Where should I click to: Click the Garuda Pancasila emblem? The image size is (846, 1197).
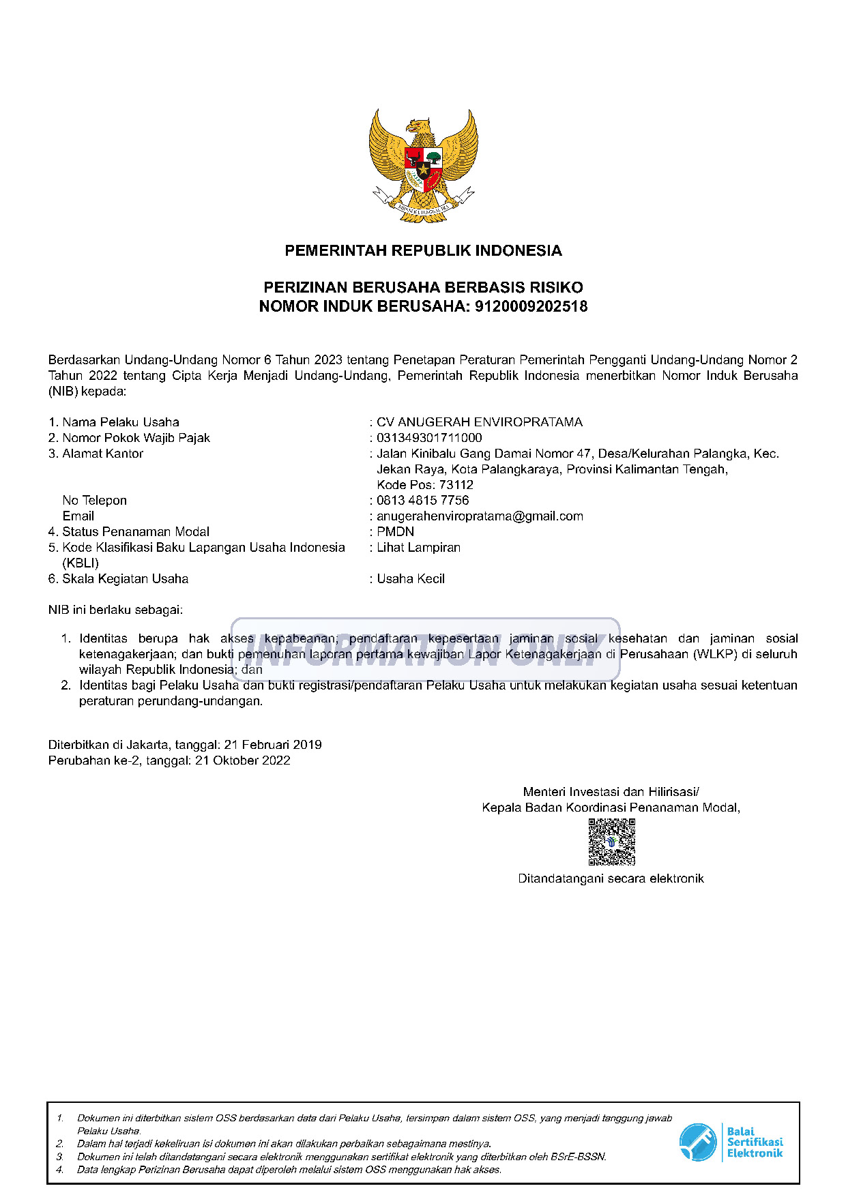[423, 164]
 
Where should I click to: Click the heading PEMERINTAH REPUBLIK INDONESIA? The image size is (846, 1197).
[423, 250]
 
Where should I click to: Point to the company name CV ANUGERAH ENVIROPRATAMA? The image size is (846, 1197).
[480, 422]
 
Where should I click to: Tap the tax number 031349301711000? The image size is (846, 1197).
[429, 438]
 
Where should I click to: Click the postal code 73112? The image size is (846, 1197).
[456, 485]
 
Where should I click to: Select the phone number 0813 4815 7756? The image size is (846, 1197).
[423, 501]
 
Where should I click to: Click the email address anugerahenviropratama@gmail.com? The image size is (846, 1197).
[480, 516]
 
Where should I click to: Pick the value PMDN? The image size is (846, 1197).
[395, 532]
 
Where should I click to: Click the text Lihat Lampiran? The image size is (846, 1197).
[418, 548]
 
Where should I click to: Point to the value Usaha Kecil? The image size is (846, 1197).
[411, 579]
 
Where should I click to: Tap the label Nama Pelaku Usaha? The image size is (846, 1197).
[120, 422]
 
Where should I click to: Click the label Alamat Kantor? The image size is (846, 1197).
[102, 454]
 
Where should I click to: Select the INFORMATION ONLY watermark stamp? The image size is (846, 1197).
[425, 649]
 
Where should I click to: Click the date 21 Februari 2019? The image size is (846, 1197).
[273, 745]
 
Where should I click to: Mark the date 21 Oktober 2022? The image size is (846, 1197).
[242, 760]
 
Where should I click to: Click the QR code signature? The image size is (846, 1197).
[611, 842]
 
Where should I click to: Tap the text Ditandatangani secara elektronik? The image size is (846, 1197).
[611, 878]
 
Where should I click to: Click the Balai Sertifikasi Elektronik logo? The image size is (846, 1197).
[731, 1142]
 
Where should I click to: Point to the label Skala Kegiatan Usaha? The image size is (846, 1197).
[125, 579]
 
